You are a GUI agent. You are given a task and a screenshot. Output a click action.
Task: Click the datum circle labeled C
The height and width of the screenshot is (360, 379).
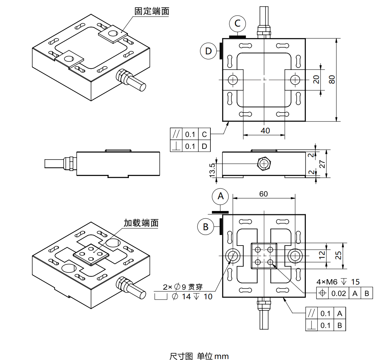237,23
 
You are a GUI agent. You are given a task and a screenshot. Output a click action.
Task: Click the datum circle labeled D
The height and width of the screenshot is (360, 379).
208,51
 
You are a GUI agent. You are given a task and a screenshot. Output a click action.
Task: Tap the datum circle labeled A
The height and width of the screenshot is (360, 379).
220,196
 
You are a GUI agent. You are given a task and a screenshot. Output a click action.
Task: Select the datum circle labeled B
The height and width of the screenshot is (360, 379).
206,227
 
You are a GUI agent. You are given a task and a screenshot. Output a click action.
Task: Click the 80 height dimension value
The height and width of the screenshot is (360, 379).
332,79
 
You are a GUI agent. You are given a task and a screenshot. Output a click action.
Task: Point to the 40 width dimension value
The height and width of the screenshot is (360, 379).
265,130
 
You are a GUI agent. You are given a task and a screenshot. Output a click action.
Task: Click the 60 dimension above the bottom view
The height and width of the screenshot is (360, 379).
264,194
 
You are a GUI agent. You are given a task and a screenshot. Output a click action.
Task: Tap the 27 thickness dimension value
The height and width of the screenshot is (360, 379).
322,164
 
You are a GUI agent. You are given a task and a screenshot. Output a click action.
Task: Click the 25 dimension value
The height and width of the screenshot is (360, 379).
338,255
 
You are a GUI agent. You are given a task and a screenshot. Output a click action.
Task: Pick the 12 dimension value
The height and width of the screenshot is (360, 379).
322,255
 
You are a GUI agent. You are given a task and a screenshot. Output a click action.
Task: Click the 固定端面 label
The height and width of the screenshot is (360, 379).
152,12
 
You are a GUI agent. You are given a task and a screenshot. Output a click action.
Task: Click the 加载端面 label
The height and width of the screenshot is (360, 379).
141,223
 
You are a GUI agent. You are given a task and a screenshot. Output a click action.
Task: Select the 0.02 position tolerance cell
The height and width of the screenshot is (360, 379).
338,293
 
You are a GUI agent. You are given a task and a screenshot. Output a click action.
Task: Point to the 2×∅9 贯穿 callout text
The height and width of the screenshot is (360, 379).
183,287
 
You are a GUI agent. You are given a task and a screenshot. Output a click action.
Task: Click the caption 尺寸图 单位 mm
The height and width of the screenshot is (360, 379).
199,356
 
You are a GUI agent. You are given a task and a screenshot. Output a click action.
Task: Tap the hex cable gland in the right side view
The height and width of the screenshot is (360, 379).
264,164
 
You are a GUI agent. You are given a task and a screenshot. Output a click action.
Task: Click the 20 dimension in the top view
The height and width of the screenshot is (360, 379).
316,79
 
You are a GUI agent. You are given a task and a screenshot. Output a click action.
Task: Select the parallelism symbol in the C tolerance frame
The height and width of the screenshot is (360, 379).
176,134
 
